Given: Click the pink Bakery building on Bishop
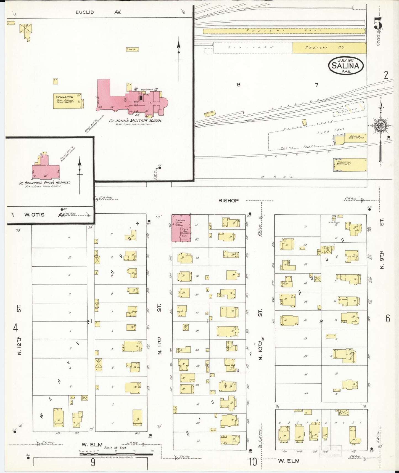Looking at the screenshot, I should point(181,228).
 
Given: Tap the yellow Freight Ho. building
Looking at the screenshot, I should point(329,47).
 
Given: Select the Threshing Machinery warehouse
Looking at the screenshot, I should point(350,165).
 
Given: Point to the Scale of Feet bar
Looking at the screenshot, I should point(116,453).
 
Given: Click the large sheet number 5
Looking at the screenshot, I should point(378,23).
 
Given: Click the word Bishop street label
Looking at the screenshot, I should point(228,201).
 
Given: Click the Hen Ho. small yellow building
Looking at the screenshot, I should point(132,49).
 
